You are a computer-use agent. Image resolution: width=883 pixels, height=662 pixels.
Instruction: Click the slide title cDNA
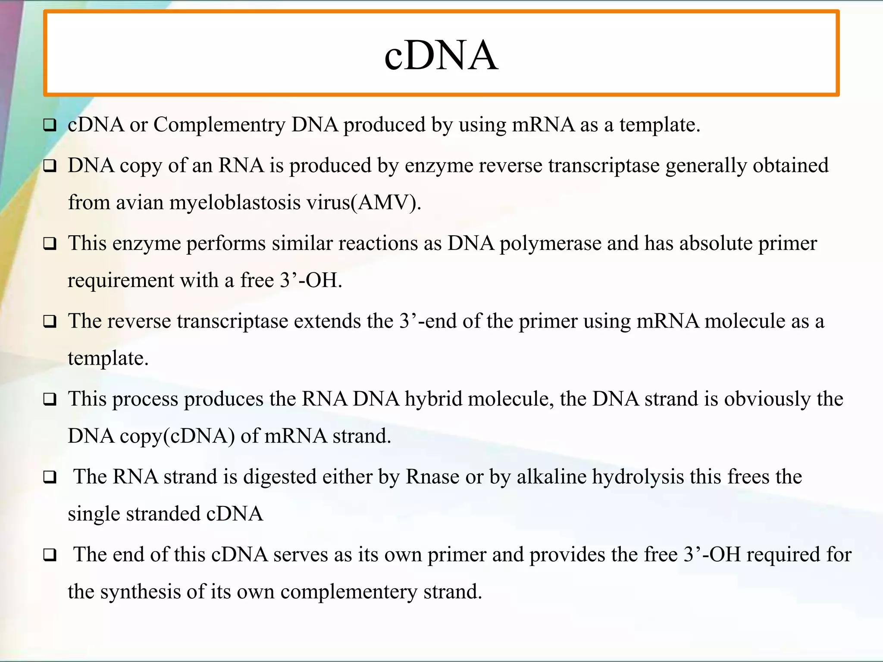[x=441, y=55]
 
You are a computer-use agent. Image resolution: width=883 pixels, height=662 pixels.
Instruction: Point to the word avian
[x=140, y=203]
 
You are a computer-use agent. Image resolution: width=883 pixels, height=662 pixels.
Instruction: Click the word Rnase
[x=432, y=477]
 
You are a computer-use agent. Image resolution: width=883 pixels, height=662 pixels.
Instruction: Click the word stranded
[x=163, y=514]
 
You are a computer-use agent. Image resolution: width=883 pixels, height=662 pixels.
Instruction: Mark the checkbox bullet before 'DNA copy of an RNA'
[x=50, y=166]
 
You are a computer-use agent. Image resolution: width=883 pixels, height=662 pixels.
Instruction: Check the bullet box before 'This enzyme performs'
[x=50, y=244]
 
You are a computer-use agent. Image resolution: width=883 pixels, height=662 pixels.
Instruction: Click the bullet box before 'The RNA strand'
[x=50, y=478]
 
